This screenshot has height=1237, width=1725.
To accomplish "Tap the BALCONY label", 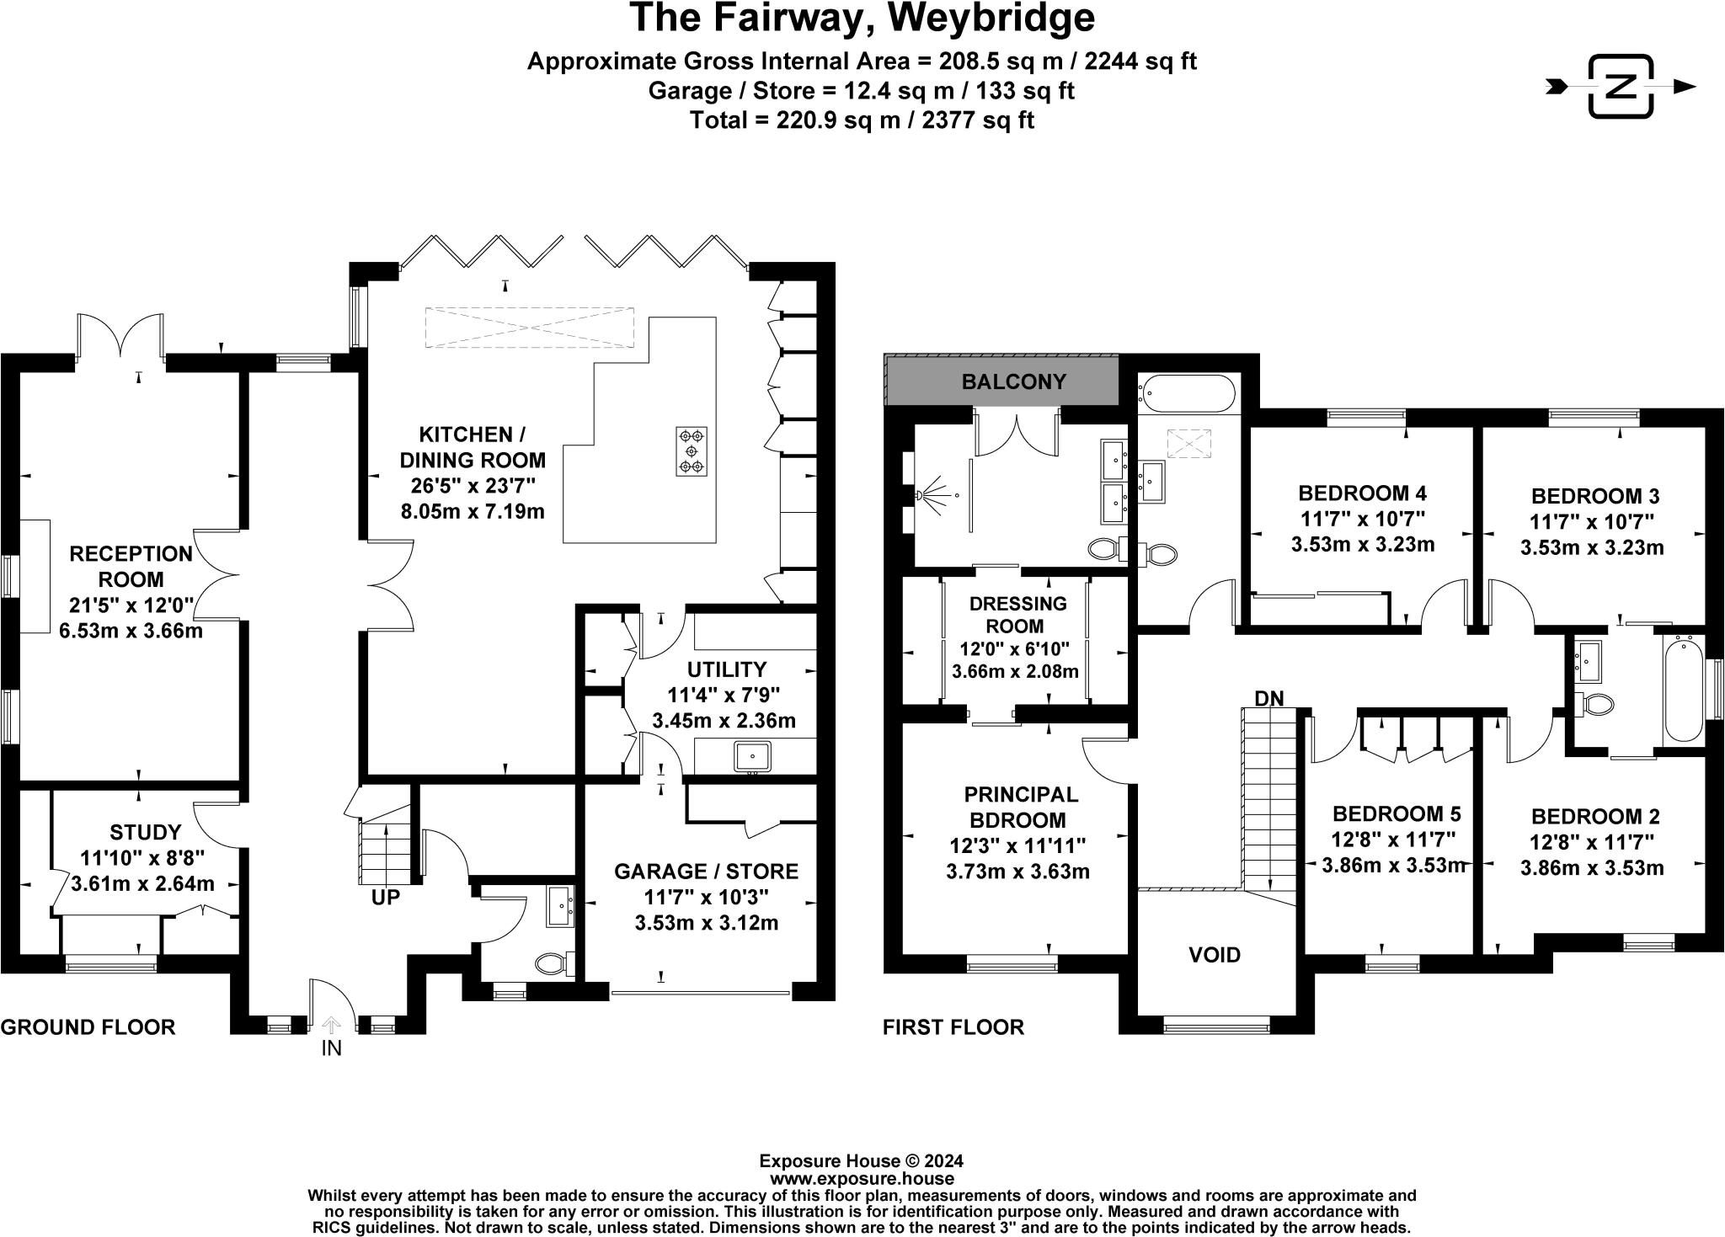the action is [x=1014, y=381].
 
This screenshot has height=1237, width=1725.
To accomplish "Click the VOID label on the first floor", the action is [x=1215, y=955].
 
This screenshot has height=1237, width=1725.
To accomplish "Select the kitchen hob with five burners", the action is [x=692, y=451].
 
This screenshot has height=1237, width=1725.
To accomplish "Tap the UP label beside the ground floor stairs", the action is [x=385, y=898].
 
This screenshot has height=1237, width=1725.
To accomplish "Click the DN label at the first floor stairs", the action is [x=1268, y=698].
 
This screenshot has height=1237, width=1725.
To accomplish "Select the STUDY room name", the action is [x=146, y=833].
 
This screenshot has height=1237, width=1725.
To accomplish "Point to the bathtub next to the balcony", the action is [x=1187, y=394].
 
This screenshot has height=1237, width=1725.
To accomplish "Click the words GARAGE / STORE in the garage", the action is [x=706, y=871].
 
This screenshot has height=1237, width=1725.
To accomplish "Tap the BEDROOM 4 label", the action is [x=1362, y=493].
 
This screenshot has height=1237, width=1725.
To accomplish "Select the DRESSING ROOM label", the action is [x=1017, y=615].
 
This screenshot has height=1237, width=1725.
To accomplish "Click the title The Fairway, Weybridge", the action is [x=862, y=19].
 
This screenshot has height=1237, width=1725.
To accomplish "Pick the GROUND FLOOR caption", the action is [x=88, y=1027].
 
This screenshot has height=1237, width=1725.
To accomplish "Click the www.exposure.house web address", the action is [x=862, y=1178].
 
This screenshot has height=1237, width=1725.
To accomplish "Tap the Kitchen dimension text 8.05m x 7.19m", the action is [x=473, y=511].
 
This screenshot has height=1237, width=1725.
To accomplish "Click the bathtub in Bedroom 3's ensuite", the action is [x=1684, y=688].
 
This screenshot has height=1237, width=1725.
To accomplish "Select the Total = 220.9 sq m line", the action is [x=862, y=120].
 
